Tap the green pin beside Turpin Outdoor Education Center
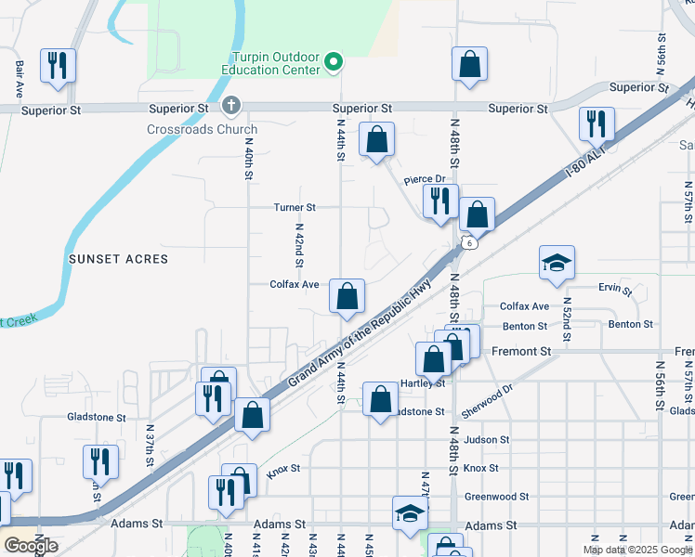(x=335, y=63)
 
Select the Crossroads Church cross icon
(x=231, y=106)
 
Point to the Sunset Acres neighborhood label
(x=119, y=259)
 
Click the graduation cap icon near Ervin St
(x=557, y=263)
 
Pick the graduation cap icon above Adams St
(x=410, y=512)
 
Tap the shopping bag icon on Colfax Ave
(x=347, y=297)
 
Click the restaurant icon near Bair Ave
(x=58, y=65)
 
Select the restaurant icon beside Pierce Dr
(x=439, y=201)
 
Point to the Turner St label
(x=295, y=207)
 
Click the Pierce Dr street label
(x=425, y=179)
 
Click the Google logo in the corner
(x=31, y=546)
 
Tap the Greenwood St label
(x=496, y=497)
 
